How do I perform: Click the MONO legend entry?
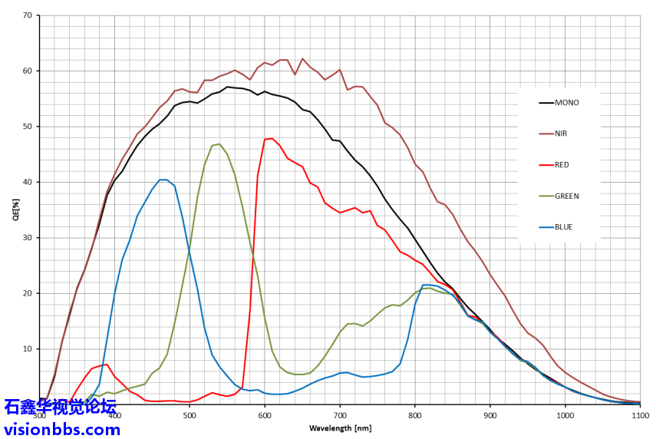568,102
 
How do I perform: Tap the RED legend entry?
562,165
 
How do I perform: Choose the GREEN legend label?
567,196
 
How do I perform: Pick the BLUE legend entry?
565,227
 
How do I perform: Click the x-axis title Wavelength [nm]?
340,427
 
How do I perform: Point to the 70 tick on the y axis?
27,15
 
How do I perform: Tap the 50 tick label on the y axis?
27,127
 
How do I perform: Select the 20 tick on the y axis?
27,293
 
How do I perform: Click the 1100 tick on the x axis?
640,415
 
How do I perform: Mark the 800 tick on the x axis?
415,415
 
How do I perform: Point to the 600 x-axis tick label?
265,415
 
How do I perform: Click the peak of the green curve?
219,144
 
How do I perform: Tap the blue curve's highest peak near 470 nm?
163,180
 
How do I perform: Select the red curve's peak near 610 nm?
272,138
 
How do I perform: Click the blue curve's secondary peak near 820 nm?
427,285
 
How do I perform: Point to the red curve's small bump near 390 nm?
107,365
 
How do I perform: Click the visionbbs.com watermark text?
61,428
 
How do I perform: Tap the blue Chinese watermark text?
60,407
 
